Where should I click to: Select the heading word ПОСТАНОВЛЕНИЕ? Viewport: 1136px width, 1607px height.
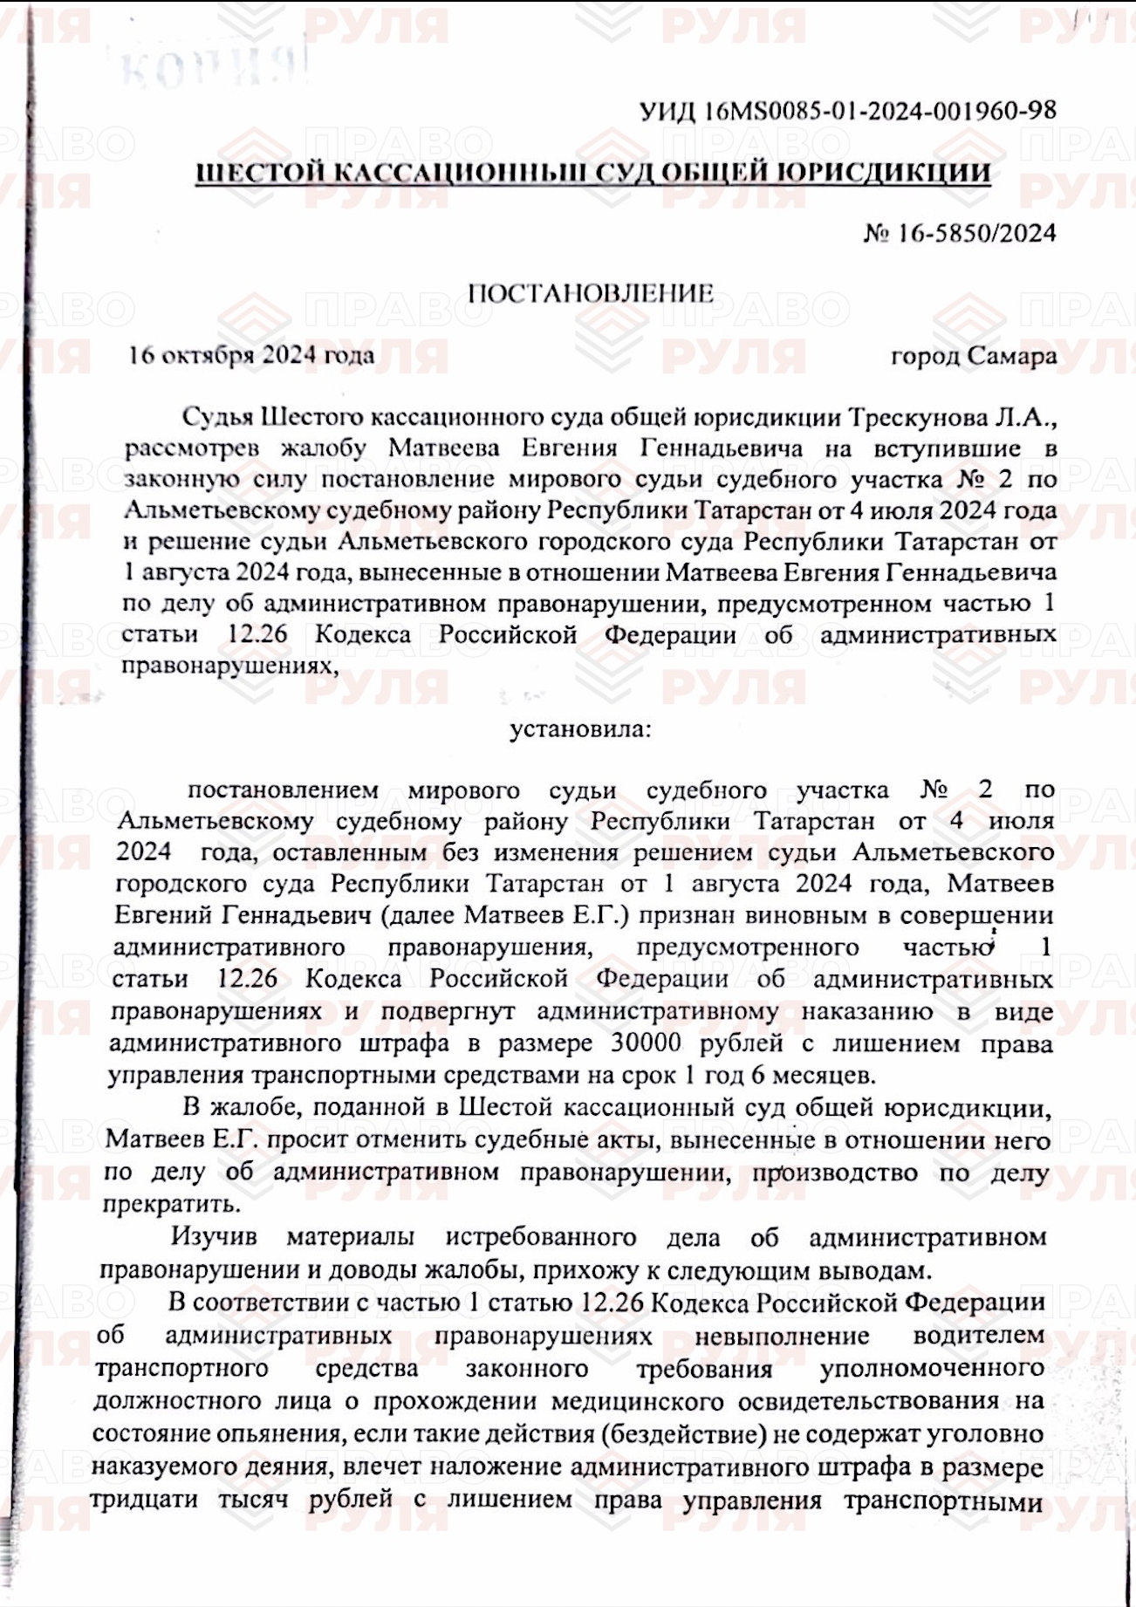[590, 293]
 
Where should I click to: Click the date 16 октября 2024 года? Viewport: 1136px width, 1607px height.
[251, 355]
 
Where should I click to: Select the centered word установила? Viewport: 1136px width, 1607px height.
[579, 728]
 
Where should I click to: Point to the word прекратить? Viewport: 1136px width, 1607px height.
[171, 1204]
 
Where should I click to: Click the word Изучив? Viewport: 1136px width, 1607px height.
[214, 1237]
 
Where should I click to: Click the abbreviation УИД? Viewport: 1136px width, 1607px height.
[667, 112]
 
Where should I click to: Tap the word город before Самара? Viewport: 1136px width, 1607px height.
[925, 356]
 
